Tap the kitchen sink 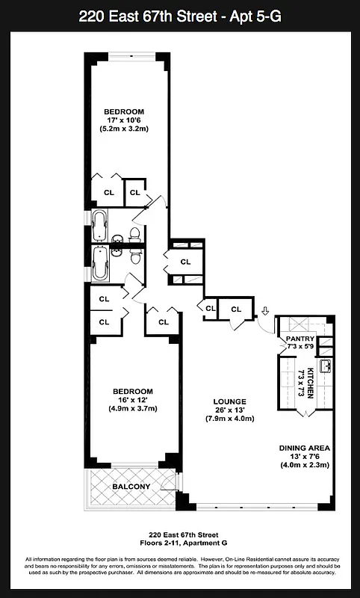click(x=324, y=366)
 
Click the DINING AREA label click(x=303, y=448)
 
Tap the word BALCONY click(x=131, y=487)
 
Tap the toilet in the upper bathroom click(x=134, y=235)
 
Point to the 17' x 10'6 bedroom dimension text click(x=123, y=120)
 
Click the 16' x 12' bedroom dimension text click(x=132, y=400)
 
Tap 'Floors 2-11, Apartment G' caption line click(x=179, y=543)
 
